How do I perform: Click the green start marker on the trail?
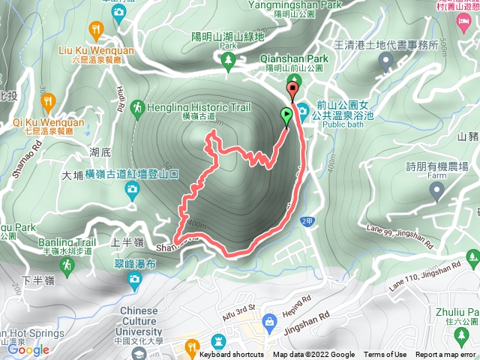(x=286, y=115)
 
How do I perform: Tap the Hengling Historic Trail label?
(x=198, y=107)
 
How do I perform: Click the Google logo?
(x=28, y=349)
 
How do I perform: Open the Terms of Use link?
(x=385, y=355)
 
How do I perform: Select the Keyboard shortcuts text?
(x=231, y=355)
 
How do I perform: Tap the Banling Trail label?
(x=67, y=241)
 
